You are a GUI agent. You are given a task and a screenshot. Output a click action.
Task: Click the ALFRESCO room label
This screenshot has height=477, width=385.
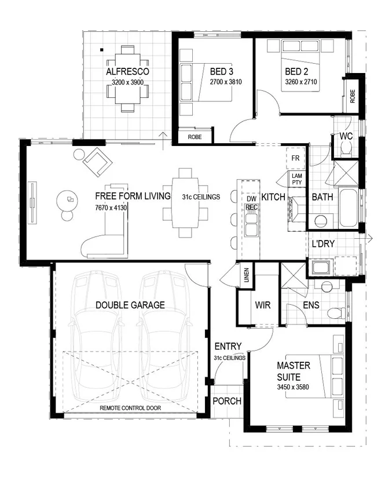127,71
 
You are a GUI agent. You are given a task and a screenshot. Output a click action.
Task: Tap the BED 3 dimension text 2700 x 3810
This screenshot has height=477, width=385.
226,82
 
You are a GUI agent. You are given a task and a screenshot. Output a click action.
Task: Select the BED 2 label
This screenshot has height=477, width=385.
296,71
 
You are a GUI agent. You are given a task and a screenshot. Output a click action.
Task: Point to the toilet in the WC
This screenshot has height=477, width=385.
346,150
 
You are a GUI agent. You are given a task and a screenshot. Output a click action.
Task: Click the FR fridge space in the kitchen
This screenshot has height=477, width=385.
295,158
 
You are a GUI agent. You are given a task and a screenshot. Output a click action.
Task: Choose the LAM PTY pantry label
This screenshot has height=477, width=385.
297,179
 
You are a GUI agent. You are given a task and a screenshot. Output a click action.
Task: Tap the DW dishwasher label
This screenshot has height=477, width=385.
251,199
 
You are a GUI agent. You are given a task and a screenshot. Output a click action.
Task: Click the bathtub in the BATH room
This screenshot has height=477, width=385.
349,207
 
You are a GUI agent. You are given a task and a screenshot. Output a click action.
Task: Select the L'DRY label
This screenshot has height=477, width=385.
323,243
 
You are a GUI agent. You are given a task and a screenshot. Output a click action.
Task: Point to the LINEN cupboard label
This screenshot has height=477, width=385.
247,275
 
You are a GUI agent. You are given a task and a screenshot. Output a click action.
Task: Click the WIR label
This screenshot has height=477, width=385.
263,305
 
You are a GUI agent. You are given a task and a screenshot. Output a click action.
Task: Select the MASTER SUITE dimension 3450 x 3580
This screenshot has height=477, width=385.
293,387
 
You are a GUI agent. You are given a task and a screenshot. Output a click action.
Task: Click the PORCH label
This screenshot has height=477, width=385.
227,401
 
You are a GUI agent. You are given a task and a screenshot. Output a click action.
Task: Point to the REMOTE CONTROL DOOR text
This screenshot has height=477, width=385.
130,408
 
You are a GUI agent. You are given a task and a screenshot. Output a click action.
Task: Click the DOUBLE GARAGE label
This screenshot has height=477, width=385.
130,305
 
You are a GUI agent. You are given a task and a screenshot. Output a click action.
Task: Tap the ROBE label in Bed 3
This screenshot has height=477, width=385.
195,137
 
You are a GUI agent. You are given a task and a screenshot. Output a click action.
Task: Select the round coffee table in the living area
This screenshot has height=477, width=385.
67,201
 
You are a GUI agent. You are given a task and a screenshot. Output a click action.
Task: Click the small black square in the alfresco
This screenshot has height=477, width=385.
102,50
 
